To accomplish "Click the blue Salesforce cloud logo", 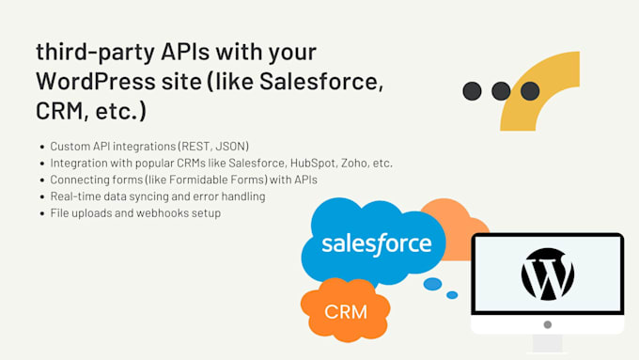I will pyautogui.click(x=375, y=243).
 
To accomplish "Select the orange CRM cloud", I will pyautogui.click(x=345, y=308).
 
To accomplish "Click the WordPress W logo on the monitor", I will pyautogui.click(x=547, y=274).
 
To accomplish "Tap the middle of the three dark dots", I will pyautogui.click(x=501, y=91).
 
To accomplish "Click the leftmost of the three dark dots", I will pyautogui.click(x=473, y=91).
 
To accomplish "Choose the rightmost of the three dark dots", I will pyautogui.click(x=530, y=91).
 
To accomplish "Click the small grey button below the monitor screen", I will pyautogui.click(x=547, y=324).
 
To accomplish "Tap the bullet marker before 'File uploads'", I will pyautogui.click(x=42, y=213).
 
